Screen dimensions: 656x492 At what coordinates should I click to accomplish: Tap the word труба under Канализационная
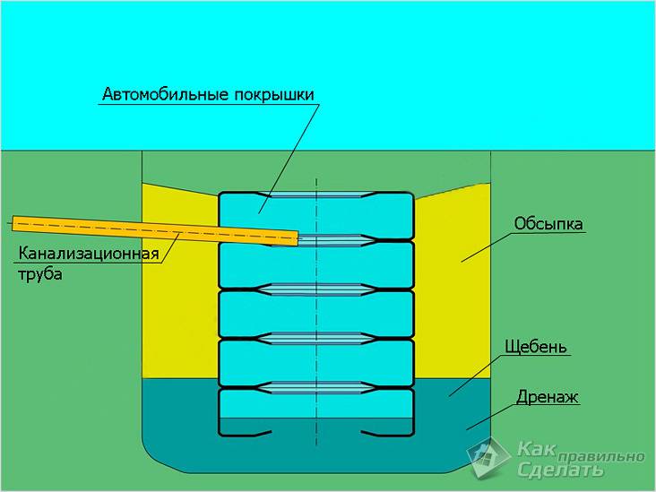coord(39,275)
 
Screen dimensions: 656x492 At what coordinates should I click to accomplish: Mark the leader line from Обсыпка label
coord(488,246)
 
